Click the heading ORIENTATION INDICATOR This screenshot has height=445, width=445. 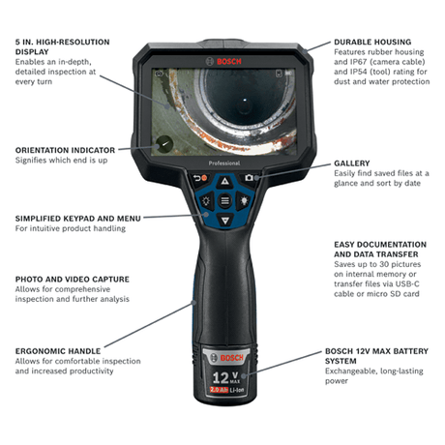[x=65, y=150]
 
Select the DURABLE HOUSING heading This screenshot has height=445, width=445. [x=372, y=43]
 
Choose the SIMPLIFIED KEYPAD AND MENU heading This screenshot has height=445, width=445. [x=78, y=218]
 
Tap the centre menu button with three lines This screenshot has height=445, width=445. [x=224, y=201]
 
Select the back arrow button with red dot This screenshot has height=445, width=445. [x=200, y=178]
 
